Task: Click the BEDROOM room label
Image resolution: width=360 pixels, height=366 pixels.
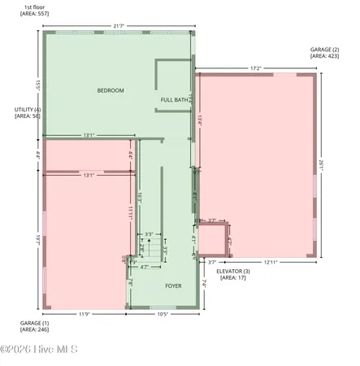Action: pos(111,90)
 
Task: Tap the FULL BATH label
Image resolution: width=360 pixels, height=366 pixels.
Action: pos(175,100)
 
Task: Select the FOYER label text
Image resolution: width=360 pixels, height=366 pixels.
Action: pos(173,286)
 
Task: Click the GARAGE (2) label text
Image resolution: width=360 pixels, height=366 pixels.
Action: pos(323,53)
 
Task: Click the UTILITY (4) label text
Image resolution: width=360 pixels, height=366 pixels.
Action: pos(28,112)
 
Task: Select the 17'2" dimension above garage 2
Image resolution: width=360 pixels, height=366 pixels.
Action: pos(255,68)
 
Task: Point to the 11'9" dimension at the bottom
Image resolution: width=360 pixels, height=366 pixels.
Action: pos(84,314)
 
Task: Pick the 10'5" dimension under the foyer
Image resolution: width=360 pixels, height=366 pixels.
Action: pos(162,314)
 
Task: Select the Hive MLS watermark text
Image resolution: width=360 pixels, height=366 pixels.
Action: pos(39,351)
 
